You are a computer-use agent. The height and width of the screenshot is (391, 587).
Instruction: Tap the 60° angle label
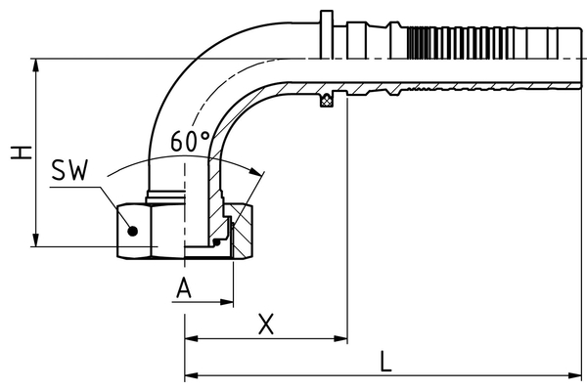pos(189,141)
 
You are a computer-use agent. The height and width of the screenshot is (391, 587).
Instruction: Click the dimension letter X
pos(265,324)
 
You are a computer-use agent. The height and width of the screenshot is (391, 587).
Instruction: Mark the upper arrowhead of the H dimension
pos(36,65)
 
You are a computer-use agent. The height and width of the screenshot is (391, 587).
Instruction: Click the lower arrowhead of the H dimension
pos(36,241)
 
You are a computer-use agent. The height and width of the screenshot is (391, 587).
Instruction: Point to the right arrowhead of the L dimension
pos(578,374)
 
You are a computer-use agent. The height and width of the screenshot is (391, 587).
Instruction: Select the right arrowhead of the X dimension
pos(342,339)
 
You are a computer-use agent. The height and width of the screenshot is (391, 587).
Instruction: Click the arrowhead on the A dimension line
pos(227,303)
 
